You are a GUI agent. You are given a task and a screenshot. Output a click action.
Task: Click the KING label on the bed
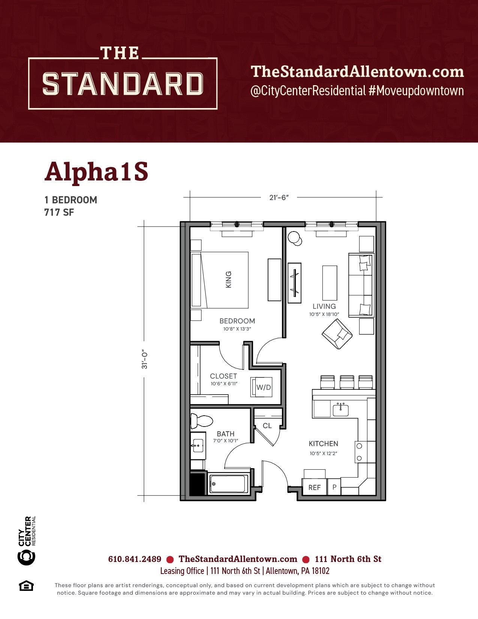click(x=228, y=279)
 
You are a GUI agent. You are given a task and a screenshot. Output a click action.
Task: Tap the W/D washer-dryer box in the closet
click(x=261, y=387)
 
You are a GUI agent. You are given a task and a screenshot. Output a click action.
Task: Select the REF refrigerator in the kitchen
click(x=314, y=487)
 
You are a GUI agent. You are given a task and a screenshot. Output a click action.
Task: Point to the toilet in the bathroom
click(x=202, y=421)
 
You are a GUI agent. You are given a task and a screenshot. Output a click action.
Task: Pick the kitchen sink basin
click(x=340, y=410)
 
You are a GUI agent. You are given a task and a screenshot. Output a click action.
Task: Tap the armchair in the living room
click(x=337, y=334)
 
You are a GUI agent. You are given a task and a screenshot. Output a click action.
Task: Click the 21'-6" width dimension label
click(x=279, y=197)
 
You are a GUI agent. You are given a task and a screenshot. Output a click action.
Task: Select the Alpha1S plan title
click(x=96, y=171)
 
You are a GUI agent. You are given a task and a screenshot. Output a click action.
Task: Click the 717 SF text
click(x=59, y=212)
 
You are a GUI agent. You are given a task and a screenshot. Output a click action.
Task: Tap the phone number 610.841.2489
click(x=135, y=559)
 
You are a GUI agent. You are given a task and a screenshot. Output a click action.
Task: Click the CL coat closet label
click(x=267, y=425)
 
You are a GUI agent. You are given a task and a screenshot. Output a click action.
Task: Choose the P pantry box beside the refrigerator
click(x=334, y=487)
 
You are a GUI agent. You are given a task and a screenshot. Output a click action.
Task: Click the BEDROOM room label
click(x=237, y=321)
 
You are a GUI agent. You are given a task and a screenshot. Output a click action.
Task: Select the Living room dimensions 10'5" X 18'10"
click(x=324, y=314)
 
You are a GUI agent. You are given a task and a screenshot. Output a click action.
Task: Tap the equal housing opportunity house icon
click(x=26, y=586)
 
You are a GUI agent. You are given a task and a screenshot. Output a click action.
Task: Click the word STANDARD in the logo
click(x=123, y=84)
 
